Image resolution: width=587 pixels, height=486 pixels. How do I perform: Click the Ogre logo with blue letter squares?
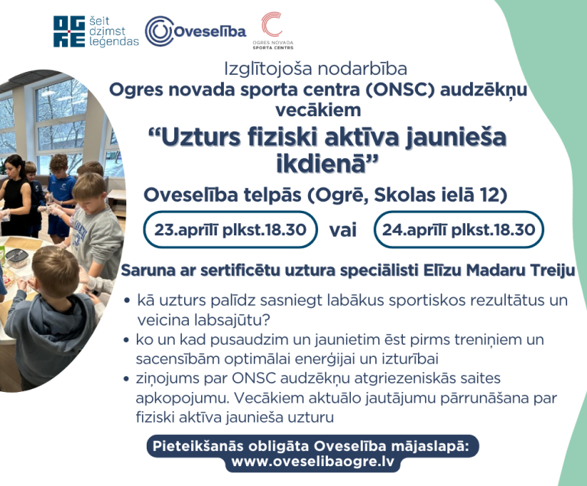click(x=68, y=31)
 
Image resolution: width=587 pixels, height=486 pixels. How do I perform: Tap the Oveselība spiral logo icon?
click(x=159, y=31)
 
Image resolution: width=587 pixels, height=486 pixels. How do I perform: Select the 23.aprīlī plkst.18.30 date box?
click(x=229, y=229)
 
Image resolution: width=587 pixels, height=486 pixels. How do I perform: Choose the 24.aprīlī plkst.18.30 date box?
click(x=459, y=229)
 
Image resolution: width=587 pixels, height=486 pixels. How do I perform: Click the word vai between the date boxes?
click(x=343, y=230)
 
